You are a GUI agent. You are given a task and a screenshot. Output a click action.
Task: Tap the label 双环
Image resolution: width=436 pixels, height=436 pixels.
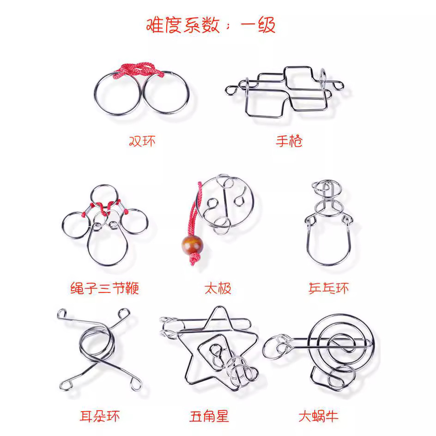pos(142,140)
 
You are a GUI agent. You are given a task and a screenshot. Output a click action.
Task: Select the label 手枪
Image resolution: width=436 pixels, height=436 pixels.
pos(289,140)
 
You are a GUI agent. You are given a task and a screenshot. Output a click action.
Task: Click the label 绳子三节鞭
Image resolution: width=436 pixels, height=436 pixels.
pos(104,288)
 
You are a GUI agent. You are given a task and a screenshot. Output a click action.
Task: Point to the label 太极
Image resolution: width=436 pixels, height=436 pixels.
pos(218,289)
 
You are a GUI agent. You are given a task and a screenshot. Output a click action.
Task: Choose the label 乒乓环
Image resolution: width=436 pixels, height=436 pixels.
pos(328,288)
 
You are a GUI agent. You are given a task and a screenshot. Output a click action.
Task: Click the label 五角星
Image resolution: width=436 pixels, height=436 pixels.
pos(209,416)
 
